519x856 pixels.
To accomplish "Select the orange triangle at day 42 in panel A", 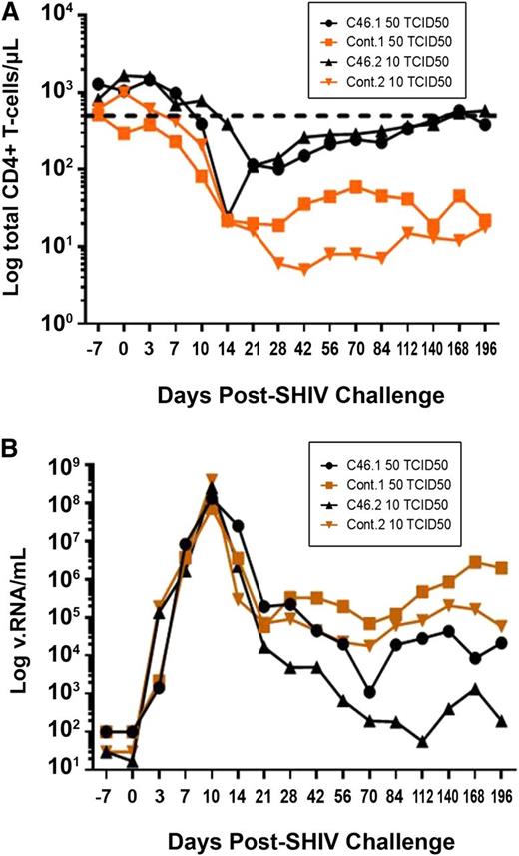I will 304,269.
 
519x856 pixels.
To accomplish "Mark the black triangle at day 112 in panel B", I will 422,742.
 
